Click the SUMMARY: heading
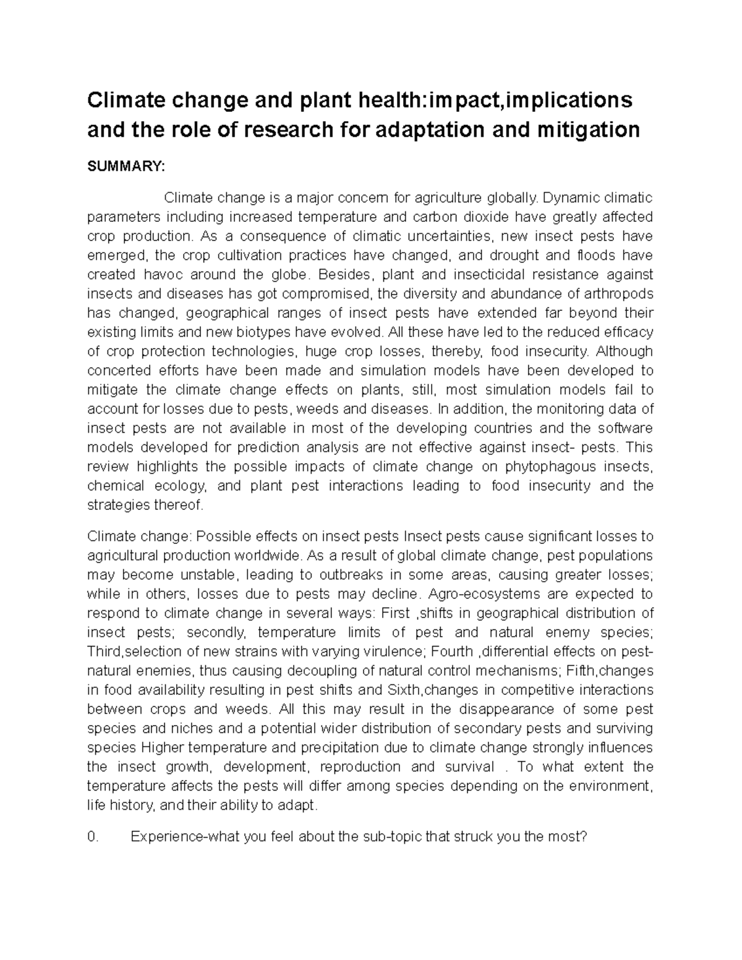click(x=126, y=166)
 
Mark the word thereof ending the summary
click(x=181, y=504)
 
